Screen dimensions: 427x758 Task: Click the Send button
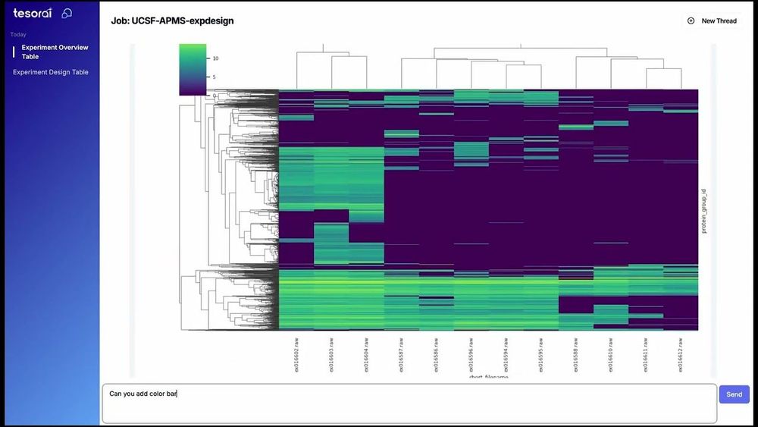[x=734, y=394]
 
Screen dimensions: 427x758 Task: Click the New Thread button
[x=719, y=21]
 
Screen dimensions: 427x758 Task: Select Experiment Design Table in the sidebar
[x=51, y=72]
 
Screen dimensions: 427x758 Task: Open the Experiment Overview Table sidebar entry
[x=55, y=52]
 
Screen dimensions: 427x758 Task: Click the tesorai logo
[x=32, y=13]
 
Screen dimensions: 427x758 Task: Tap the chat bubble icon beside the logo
[x=67, y=13]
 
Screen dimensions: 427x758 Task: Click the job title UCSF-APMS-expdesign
[x=172, y=20]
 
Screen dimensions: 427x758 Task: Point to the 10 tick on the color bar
[x=215, y=58]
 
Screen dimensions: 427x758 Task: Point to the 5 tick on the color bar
[x=214, y=77]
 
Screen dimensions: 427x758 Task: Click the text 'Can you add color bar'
[x=143, y=394]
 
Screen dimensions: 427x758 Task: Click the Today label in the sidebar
[x=18, y=34]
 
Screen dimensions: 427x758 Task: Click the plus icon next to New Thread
[x=691, y=21]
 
